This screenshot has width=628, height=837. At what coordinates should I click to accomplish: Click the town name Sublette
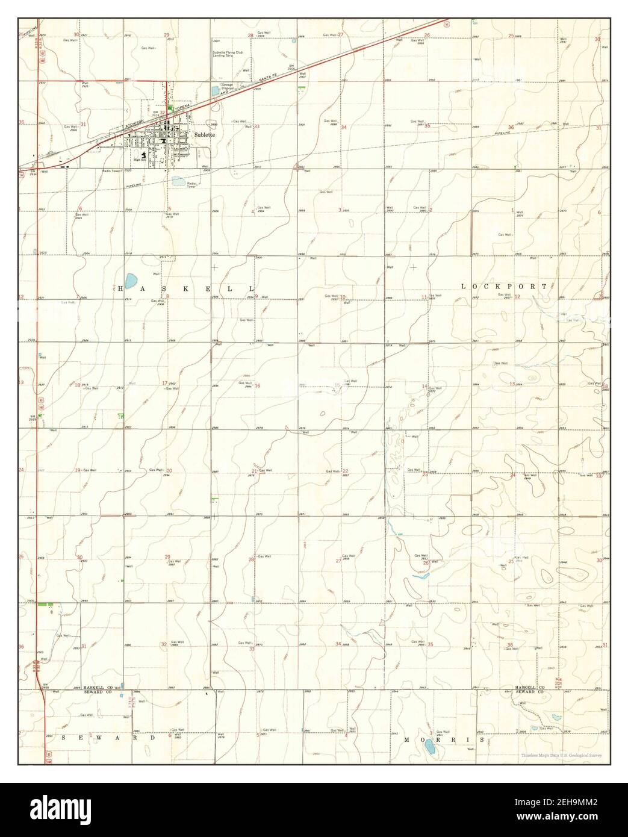pos(205,135)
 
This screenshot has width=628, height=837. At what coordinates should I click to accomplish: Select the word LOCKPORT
pos(505,287)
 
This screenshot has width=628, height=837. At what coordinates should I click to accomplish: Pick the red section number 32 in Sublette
pos(163,112)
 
